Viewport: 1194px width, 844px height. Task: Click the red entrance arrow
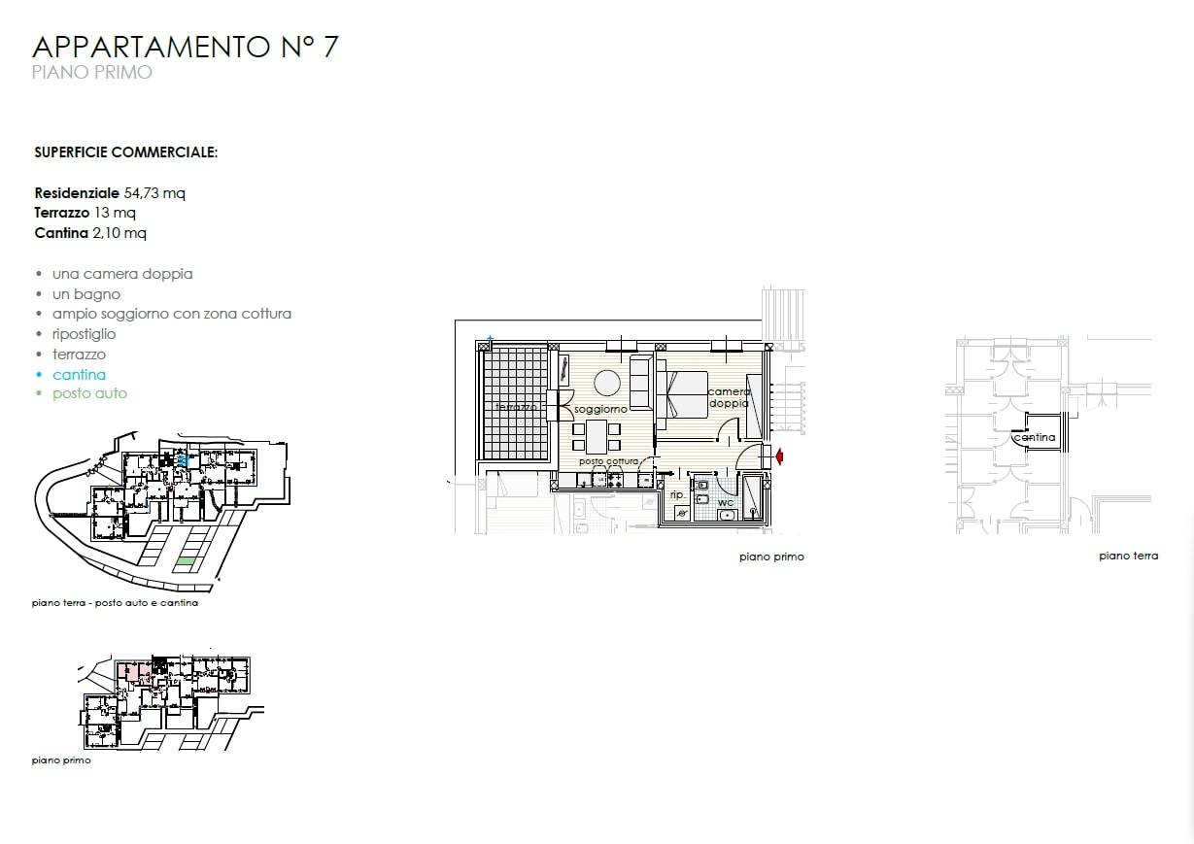[779, 456]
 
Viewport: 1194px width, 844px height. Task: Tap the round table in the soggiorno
[607, 383]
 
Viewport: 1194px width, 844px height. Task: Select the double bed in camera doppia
[682, 394]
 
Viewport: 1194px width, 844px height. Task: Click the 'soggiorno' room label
[600, 409]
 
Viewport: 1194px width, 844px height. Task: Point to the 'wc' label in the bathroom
[726, 502]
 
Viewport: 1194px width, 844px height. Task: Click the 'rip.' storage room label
[677, 495]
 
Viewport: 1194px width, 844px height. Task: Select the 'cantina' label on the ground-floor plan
[1035, 437]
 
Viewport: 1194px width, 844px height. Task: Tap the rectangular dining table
[597, 436]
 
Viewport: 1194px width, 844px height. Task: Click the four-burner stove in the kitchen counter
[616, 480]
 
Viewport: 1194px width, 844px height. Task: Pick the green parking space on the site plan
[185, 561]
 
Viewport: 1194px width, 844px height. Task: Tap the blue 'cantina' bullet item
[79, 375]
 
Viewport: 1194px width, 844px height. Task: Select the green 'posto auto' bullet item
[89, 393]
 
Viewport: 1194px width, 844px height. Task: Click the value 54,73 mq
[154, 193]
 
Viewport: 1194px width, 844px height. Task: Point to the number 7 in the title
[330, 47]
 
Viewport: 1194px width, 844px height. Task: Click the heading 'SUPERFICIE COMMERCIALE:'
[125, 152]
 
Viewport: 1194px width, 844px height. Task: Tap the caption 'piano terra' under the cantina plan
[1129, 556]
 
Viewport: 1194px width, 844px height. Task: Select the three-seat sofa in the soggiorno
[641, 382]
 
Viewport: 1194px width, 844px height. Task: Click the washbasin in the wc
[727, 516]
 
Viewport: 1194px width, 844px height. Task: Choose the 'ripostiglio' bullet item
[84, 335]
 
